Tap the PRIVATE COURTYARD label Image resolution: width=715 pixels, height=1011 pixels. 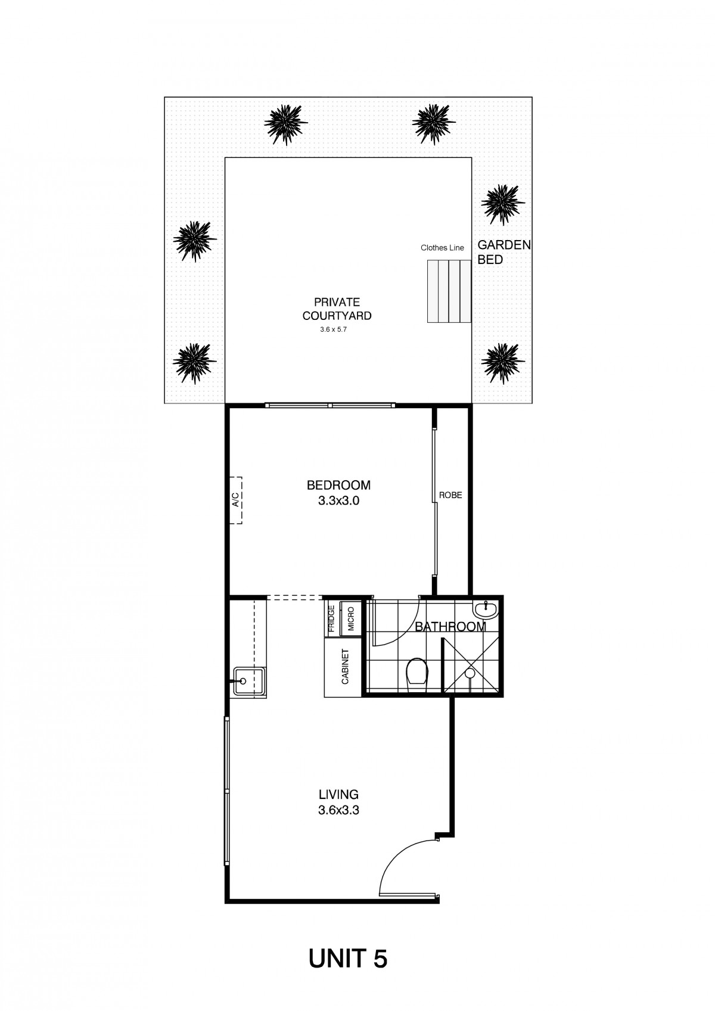[x=337, y=309]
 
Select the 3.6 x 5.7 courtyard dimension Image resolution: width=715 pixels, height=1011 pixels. [x=333, y=329]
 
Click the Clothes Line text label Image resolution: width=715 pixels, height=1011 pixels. [x=442, y=248]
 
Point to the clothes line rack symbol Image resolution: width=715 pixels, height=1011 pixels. [x=449, y=291]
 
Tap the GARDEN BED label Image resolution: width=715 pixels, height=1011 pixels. [x=503, y=252]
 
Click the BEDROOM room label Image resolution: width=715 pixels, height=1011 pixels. [x=338, y=485]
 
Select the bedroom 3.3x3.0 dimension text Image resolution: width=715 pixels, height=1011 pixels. [x=338, y=500]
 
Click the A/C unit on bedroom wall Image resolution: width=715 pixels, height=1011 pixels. [x=236, y=500]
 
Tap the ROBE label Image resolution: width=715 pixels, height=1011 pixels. [x=450, y=495]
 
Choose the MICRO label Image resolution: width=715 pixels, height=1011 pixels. [x=351, y=619]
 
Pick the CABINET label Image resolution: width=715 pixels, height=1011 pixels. [x=346, y=667]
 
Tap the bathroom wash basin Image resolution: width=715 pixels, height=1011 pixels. [x=485, y=609]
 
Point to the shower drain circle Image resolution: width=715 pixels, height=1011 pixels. [x=470, y=673]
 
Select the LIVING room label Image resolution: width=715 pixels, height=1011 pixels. [x=338, y=794]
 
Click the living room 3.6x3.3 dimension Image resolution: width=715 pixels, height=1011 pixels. [x=338, y=810]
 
